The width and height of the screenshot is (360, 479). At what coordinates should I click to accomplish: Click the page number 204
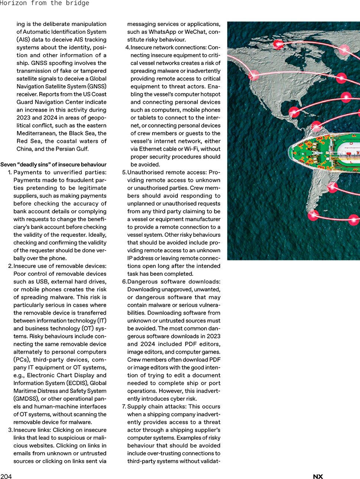click(x=6, y=476)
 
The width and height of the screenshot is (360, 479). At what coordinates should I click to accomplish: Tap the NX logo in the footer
click(x=318, y=477)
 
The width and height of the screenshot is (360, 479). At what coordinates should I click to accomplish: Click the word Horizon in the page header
click(x=13, y=3)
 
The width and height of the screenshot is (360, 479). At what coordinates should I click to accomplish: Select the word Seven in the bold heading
click(x=8, y=164)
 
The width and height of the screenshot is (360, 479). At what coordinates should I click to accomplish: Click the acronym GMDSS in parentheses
click(x=26, y=398)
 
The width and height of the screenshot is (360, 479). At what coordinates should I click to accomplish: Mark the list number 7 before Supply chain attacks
click(x=124, y=407)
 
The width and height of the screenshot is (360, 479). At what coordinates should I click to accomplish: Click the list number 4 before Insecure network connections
click(x=127, y=47)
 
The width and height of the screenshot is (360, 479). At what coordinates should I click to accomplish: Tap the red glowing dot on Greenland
click(x=344, y=50)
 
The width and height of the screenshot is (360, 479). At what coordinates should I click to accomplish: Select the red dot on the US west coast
click(x=254, y=75)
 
